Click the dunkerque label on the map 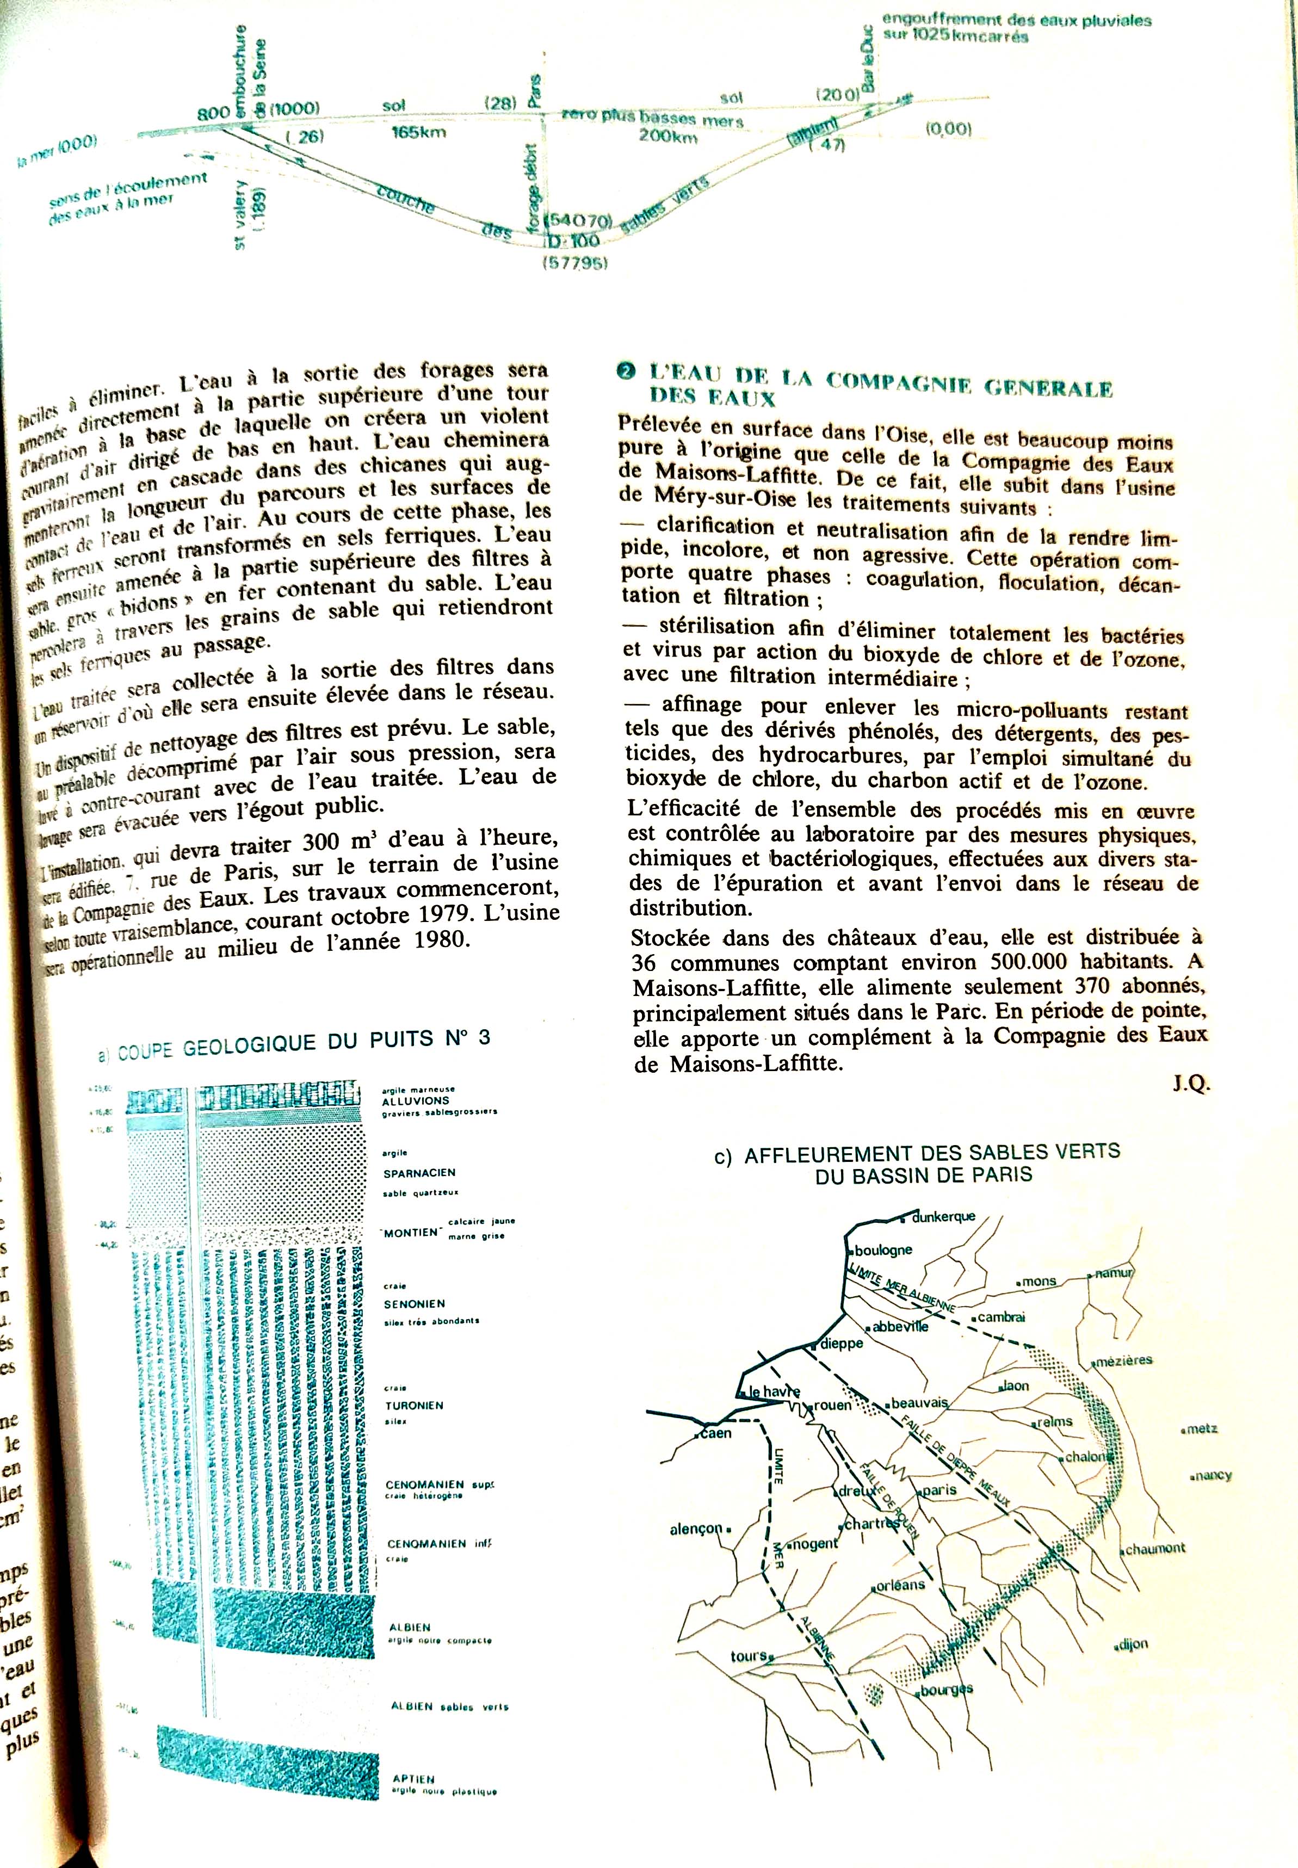(943, 1217)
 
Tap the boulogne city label (883, 1250)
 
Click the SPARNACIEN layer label (419, 1173)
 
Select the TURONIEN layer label (415, 1405)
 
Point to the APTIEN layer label (413, 1779)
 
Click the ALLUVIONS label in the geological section (416, 1100)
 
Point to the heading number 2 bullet (626, 373)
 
